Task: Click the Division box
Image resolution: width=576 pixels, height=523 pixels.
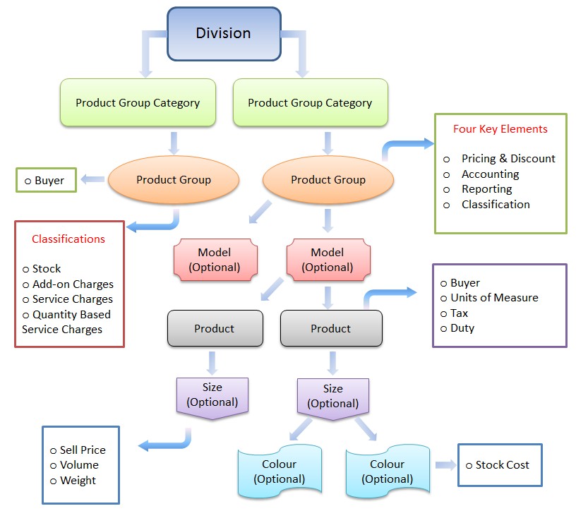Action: click(223, 33)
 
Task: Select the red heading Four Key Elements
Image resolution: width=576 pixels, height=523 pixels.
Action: click(500, 129)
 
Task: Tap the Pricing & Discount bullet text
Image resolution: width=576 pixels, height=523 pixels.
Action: click(508, 159)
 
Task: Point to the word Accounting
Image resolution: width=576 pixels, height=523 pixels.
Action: click(490, 174)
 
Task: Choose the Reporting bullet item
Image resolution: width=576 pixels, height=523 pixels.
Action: click(486, 189)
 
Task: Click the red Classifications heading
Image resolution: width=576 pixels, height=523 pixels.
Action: click(68, 239)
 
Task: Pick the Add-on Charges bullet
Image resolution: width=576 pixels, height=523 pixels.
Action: click(73, 284)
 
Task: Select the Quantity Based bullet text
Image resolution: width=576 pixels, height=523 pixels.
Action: click(71, 314)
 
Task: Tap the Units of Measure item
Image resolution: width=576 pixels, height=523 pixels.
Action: click(494, 298)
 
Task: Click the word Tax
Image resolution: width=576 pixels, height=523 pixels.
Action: click(459, 313)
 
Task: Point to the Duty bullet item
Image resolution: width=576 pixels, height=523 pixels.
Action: click(462, 328)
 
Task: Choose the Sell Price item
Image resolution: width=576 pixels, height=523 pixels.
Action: click(83, 450)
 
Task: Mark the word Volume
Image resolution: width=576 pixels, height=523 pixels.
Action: click(79, 465)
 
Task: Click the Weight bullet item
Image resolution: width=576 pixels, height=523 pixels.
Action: click(78, 481)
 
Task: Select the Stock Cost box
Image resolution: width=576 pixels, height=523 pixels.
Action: click(500, 464)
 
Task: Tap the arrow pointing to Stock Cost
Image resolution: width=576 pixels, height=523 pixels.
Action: click(445, 464)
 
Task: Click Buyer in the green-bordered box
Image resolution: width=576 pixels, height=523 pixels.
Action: click(49, 181)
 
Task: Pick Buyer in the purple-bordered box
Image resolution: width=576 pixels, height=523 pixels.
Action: click(465, 283)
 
